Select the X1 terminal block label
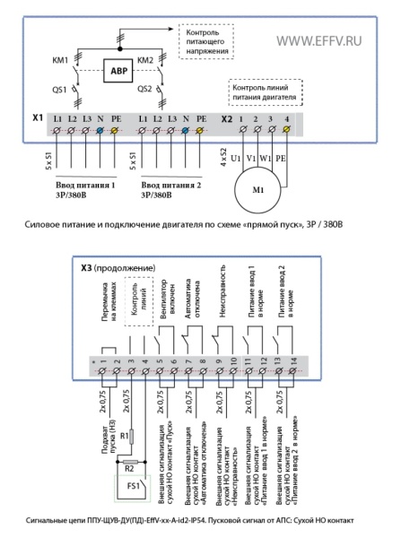coord(38,118)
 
